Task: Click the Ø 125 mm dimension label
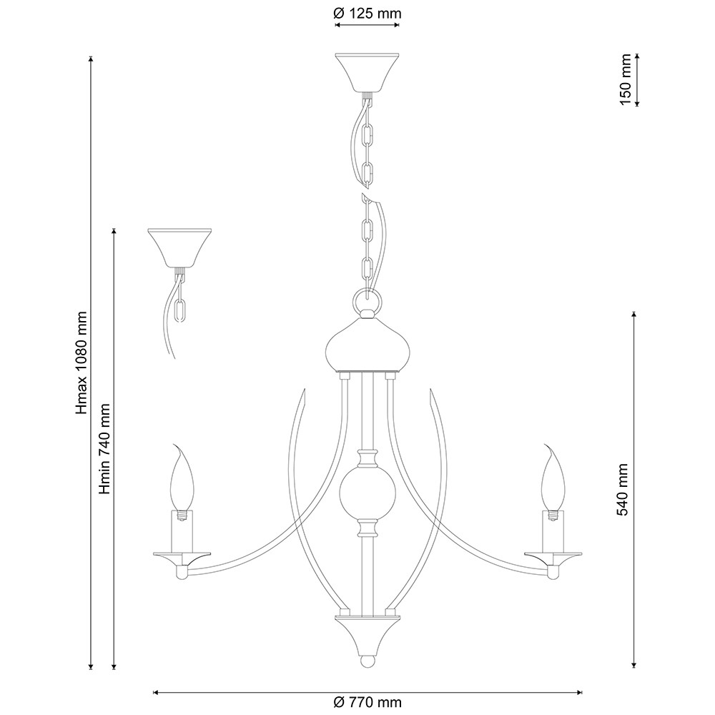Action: (x=367, y=13)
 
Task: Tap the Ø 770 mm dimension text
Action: (x=367, y=702)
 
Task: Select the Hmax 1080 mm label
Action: (x=82, y=363)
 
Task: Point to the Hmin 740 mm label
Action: (x=105, y=449)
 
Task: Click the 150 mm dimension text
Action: (x=625, y=79)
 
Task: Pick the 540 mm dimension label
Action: (x=623, y=490)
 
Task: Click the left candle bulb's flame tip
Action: (x=174, y=444)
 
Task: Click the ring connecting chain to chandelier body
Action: (x=367, y=300)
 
